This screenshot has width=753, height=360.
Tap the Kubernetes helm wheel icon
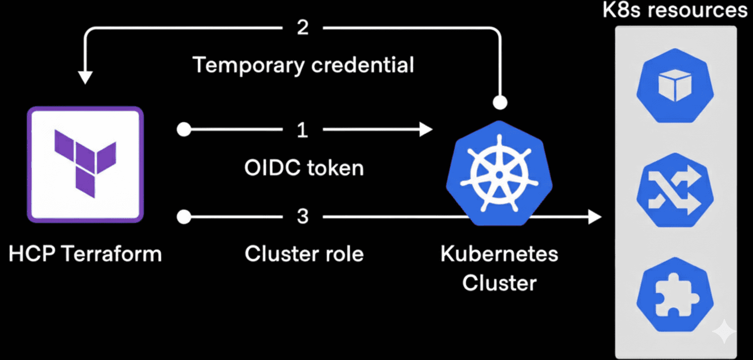point(499,173)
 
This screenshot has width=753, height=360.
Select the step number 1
point(303,130)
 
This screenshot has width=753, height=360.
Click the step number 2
point(303,28)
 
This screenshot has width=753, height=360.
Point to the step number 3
point(303,217)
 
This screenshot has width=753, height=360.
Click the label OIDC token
point(304,168)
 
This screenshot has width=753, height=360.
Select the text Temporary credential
point(303,65)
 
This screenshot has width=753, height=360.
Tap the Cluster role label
point(304,254)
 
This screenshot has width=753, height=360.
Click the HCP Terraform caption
point(85,254)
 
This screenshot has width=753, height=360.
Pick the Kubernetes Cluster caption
point(499,268)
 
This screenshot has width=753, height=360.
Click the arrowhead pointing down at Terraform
point(85,77)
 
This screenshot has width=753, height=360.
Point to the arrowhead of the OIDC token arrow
point(427,130)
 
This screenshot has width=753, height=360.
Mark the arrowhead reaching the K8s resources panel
point(594,217)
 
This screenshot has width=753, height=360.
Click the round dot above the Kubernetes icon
point(500,102)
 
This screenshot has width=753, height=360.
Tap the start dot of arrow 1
point(184,130)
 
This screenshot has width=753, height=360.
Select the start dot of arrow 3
point(184,217)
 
